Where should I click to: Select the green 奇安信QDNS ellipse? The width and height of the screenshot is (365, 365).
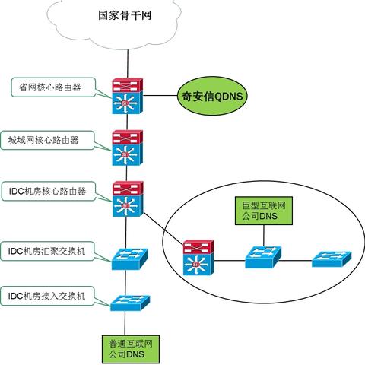[214, 97]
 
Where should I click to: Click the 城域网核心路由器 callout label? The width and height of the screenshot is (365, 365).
[52, 140]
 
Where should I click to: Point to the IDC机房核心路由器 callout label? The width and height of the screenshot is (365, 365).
[52, 190]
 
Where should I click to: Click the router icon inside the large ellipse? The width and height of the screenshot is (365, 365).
[198, 259]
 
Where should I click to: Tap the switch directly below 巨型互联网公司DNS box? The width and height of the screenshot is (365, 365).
[262, 259]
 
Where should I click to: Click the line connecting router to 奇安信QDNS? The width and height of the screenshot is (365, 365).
[160, 97]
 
